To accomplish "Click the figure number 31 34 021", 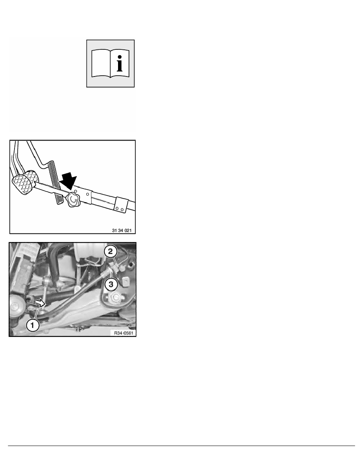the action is pyautogui.click(x=122, y=230).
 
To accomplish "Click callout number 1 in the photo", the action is pyautogui.click(x=33, y=325).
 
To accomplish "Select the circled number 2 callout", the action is pyautogui.click(x=111, y=251).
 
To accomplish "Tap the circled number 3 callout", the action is pyautogui.click(x=111, y=284).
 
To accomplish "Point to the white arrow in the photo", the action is pyautogui.click(x=40, y=303).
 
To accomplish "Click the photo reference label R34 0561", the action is pyautogui.click(x=124, y=333).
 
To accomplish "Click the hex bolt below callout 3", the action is pyautogui.click(x=115, y=297).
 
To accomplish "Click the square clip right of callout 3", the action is pyautogui.click(x=126, y=281).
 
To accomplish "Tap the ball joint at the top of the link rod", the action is pyautogui.click(x=46, y=280).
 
